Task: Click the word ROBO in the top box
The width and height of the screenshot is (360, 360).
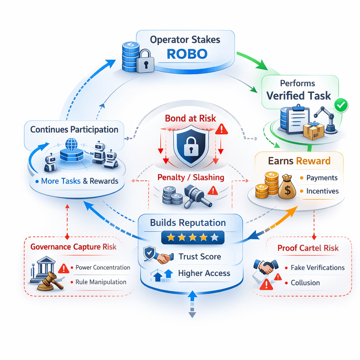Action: pos(187,54)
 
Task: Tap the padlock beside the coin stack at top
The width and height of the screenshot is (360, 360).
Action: pos(143,61)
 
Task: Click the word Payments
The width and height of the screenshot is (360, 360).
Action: pos(322,178)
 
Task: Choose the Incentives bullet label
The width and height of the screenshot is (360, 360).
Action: pos(322,191)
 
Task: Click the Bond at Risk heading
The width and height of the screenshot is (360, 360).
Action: pos(191,118)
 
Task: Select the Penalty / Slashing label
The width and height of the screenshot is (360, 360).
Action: pos(191,177)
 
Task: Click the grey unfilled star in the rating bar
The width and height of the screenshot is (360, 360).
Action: pos(214,238)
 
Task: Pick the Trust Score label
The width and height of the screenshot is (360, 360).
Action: pos(200,257)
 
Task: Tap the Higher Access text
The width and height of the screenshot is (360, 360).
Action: pos(204,273)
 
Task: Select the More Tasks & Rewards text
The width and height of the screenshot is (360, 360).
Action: pos(79,181)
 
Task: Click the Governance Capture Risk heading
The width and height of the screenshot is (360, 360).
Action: pos(73,246)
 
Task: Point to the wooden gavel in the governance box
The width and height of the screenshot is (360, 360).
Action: pos(51,281)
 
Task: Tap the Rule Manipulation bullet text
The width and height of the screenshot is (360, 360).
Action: pos(101,282)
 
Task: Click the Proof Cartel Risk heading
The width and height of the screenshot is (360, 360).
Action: pos(308,248)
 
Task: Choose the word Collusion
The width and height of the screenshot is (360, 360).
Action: pos(305,283)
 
